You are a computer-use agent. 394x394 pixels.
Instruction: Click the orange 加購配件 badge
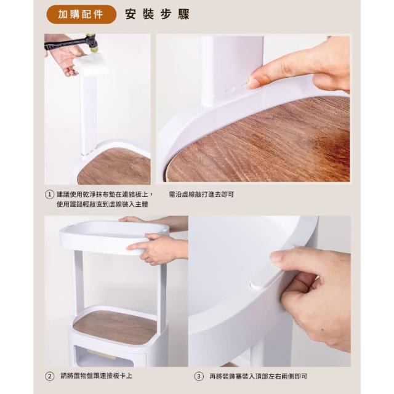click(x=81, y=14)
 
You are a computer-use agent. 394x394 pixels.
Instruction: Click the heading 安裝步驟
click(x=158, y=14)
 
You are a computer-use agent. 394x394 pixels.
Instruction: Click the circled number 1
click(x=49, y=195)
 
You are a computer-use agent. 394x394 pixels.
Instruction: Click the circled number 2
click(x=49, y=376)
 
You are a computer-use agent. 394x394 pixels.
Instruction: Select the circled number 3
click(x=199, y=376)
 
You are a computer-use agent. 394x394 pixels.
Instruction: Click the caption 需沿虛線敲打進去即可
click(x=201, y=195)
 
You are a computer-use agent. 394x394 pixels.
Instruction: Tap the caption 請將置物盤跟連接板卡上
click(x=96, y=376)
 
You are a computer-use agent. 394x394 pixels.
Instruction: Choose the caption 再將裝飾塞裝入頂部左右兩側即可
click(x=259, y=376)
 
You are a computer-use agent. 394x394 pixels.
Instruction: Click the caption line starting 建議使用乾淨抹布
click(x=105, y=195)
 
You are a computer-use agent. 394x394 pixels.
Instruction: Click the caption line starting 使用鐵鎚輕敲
click(x=102, y=204)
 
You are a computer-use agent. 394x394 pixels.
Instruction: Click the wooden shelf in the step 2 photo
click(x=115, y=327)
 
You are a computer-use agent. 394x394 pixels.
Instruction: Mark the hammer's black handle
click(x=66, y=43)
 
